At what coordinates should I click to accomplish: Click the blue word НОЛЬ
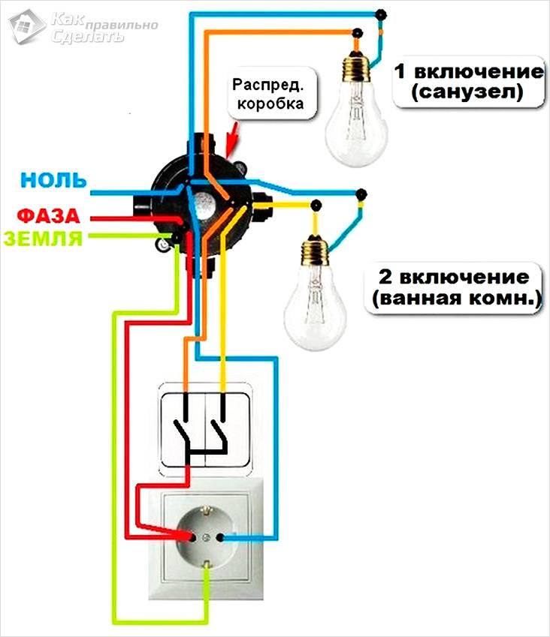54,180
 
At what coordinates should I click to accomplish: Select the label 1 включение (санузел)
468,83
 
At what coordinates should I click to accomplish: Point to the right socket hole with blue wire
220,537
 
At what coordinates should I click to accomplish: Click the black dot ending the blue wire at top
382,14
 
